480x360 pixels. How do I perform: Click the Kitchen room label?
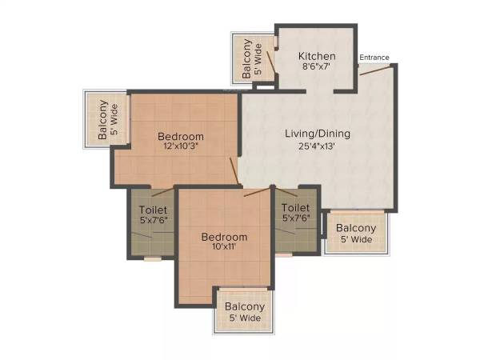coord(316,56)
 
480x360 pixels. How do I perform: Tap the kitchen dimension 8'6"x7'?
coord(316,68)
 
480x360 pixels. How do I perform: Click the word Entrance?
coord(374,58)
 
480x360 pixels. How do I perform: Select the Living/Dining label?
coord(318,134)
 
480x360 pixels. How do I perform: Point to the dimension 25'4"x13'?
coord(318,146)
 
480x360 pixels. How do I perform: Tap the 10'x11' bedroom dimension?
coord(224,249)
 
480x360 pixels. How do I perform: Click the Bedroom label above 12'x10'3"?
coord(180,137)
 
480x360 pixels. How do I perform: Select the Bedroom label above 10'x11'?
coord(224,237)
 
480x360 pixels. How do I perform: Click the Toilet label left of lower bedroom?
coord(153,210)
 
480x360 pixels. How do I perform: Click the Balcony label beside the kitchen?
coord(248,57)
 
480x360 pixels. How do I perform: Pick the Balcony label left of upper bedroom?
coord(103,120)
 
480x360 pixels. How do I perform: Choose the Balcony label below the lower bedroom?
coord(244,306)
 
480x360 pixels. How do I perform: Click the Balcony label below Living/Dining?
coord(356,227)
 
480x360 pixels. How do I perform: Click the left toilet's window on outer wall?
coord(152,258)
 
